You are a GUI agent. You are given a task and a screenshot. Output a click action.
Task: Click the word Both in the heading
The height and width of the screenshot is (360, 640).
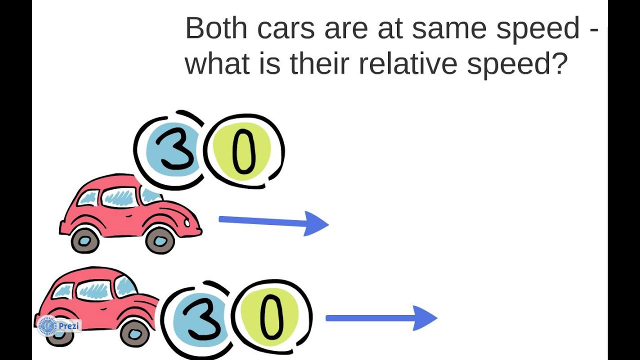pos(215,28)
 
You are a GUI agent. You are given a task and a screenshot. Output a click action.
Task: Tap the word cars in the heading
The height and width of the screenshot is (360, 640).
pos(286,29)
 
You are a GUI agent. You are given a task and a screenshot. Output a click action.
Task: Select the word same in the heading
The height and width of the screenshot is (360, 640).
pos(448,29)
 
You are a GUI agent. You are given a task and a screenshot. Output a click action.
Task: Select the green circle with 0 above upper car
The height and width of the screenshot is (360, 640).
pos(242,150)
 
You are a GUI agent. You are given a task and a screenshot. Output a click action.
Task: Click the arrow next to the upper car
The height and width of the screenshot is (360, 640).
pos(273,222)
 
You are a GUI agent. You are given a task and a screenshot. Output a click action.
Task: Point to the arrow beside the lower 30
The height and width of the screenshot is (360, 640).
pos(381,318)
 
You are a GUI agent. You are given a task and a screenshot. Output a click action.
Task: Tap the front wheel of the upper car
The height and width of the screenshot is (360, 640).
pos(160,240)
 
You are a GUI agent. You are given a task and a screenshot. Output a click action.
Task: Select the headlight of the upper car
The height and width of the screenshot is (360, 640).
pos(187,220)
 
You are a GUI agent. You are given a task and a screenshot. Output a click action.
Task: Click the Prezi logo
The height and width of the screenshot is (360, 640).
pos(58,326)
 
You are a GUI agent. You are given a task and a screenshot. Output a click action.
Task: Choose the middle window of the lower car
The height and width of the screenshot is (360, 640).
pos(93,290)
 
